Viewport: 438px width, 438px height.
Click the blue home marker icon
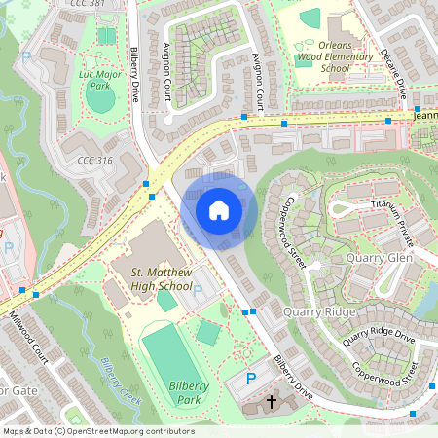pos(219,210)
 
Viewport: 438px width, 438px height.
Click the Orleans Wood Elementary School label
pos(334,57)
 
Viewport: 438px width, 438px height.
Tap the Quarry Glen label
pos(379,258)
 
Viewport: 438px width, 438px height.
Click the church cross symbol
pos(272,402)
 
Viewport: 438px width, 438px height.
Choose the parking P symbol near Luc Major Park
pos(26,57)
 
